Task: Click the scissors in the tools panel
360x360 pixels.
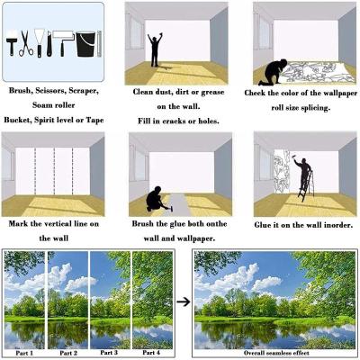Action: pyautogui.click(x=26, y=43)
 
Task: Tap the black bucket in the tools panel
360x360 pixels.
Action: pyautogui.click(x=85, y=44)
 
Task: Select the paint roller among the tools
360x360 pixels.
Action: pyautogui.click(x=63, y=42)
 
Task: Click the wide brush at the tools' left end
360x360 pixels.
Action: pyautogui.click(x=12, y=43)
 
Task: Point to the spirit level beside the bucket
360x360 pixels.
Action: pyautogui.click(x=100, y=44)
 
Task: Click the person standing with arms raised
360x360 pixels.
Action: pyautogui.click(x=155, y=49)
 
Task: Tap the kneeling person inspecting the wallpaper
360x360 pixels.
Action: pyautogui.click(x=273, y=72)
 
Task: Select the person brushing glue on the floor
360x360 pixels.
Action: pyautogui.click(x=156, y=200)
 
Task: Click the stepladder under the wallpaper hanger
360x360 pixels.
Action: pyautogui.click(x=306, y=186)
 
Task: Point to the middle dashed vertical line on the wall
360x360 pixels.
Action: pyautogui.click(x=54, y=171)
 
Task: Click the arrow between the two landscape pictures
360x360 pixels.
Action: pyautogui.click(x=184, y=301)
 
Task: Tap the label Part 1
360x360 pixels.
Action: pyautogui.click(x=24, y=353)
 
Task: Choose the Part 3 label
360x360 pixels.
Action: pyautogui.click(x=109, y=353)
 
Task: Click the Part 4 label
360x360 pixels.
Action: pyautogui.click(x=151, y=353)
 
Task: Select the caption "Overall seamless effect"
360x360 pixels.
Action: pyautogui.click(x=276, y=353)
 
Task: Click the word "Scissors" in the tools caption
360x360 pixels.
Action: pyautogui.click(x=50, y=91)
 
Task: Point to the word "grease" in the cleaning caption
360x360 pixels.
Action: pyautogui.click(x=213, y=93)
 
